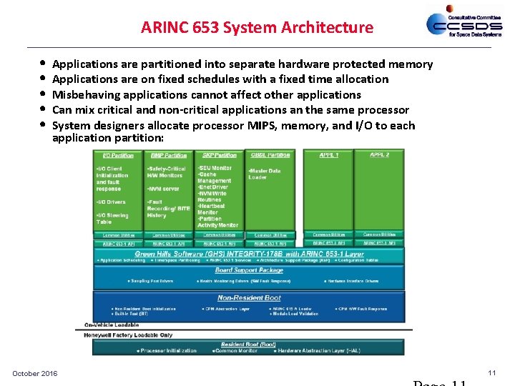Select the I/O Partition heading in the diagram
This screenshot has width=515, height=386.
pos(117,155)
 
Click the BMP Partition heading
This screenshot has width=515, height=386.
pos(169,155)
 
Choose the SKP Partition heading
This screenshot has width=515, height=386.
pos(219,155)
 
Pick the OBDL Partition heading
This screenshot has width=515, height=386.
pos(270,155)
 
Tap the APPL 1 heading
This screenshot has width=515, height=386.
pos(329,155)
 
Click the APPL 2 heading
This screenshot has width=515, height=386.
pos(379,155)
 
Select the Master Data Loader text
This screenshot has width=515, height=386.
pos(265,174)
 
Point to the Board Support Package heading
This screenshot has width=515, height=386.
pos(249,270)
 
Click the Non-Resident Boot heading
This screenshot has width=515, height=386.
pos(249,297)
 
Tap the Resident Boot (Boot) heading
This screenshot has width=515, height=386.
pos(248,344)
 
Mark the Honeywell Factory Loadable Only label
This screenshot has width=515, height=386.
pos(128,335)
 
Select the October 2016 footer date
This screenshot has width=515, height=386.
pos(35,374)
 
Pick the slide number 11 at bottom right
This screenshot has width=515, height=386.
pos(491,373)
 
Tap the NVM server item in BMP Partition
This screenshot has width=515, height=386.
pos(164,189)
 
